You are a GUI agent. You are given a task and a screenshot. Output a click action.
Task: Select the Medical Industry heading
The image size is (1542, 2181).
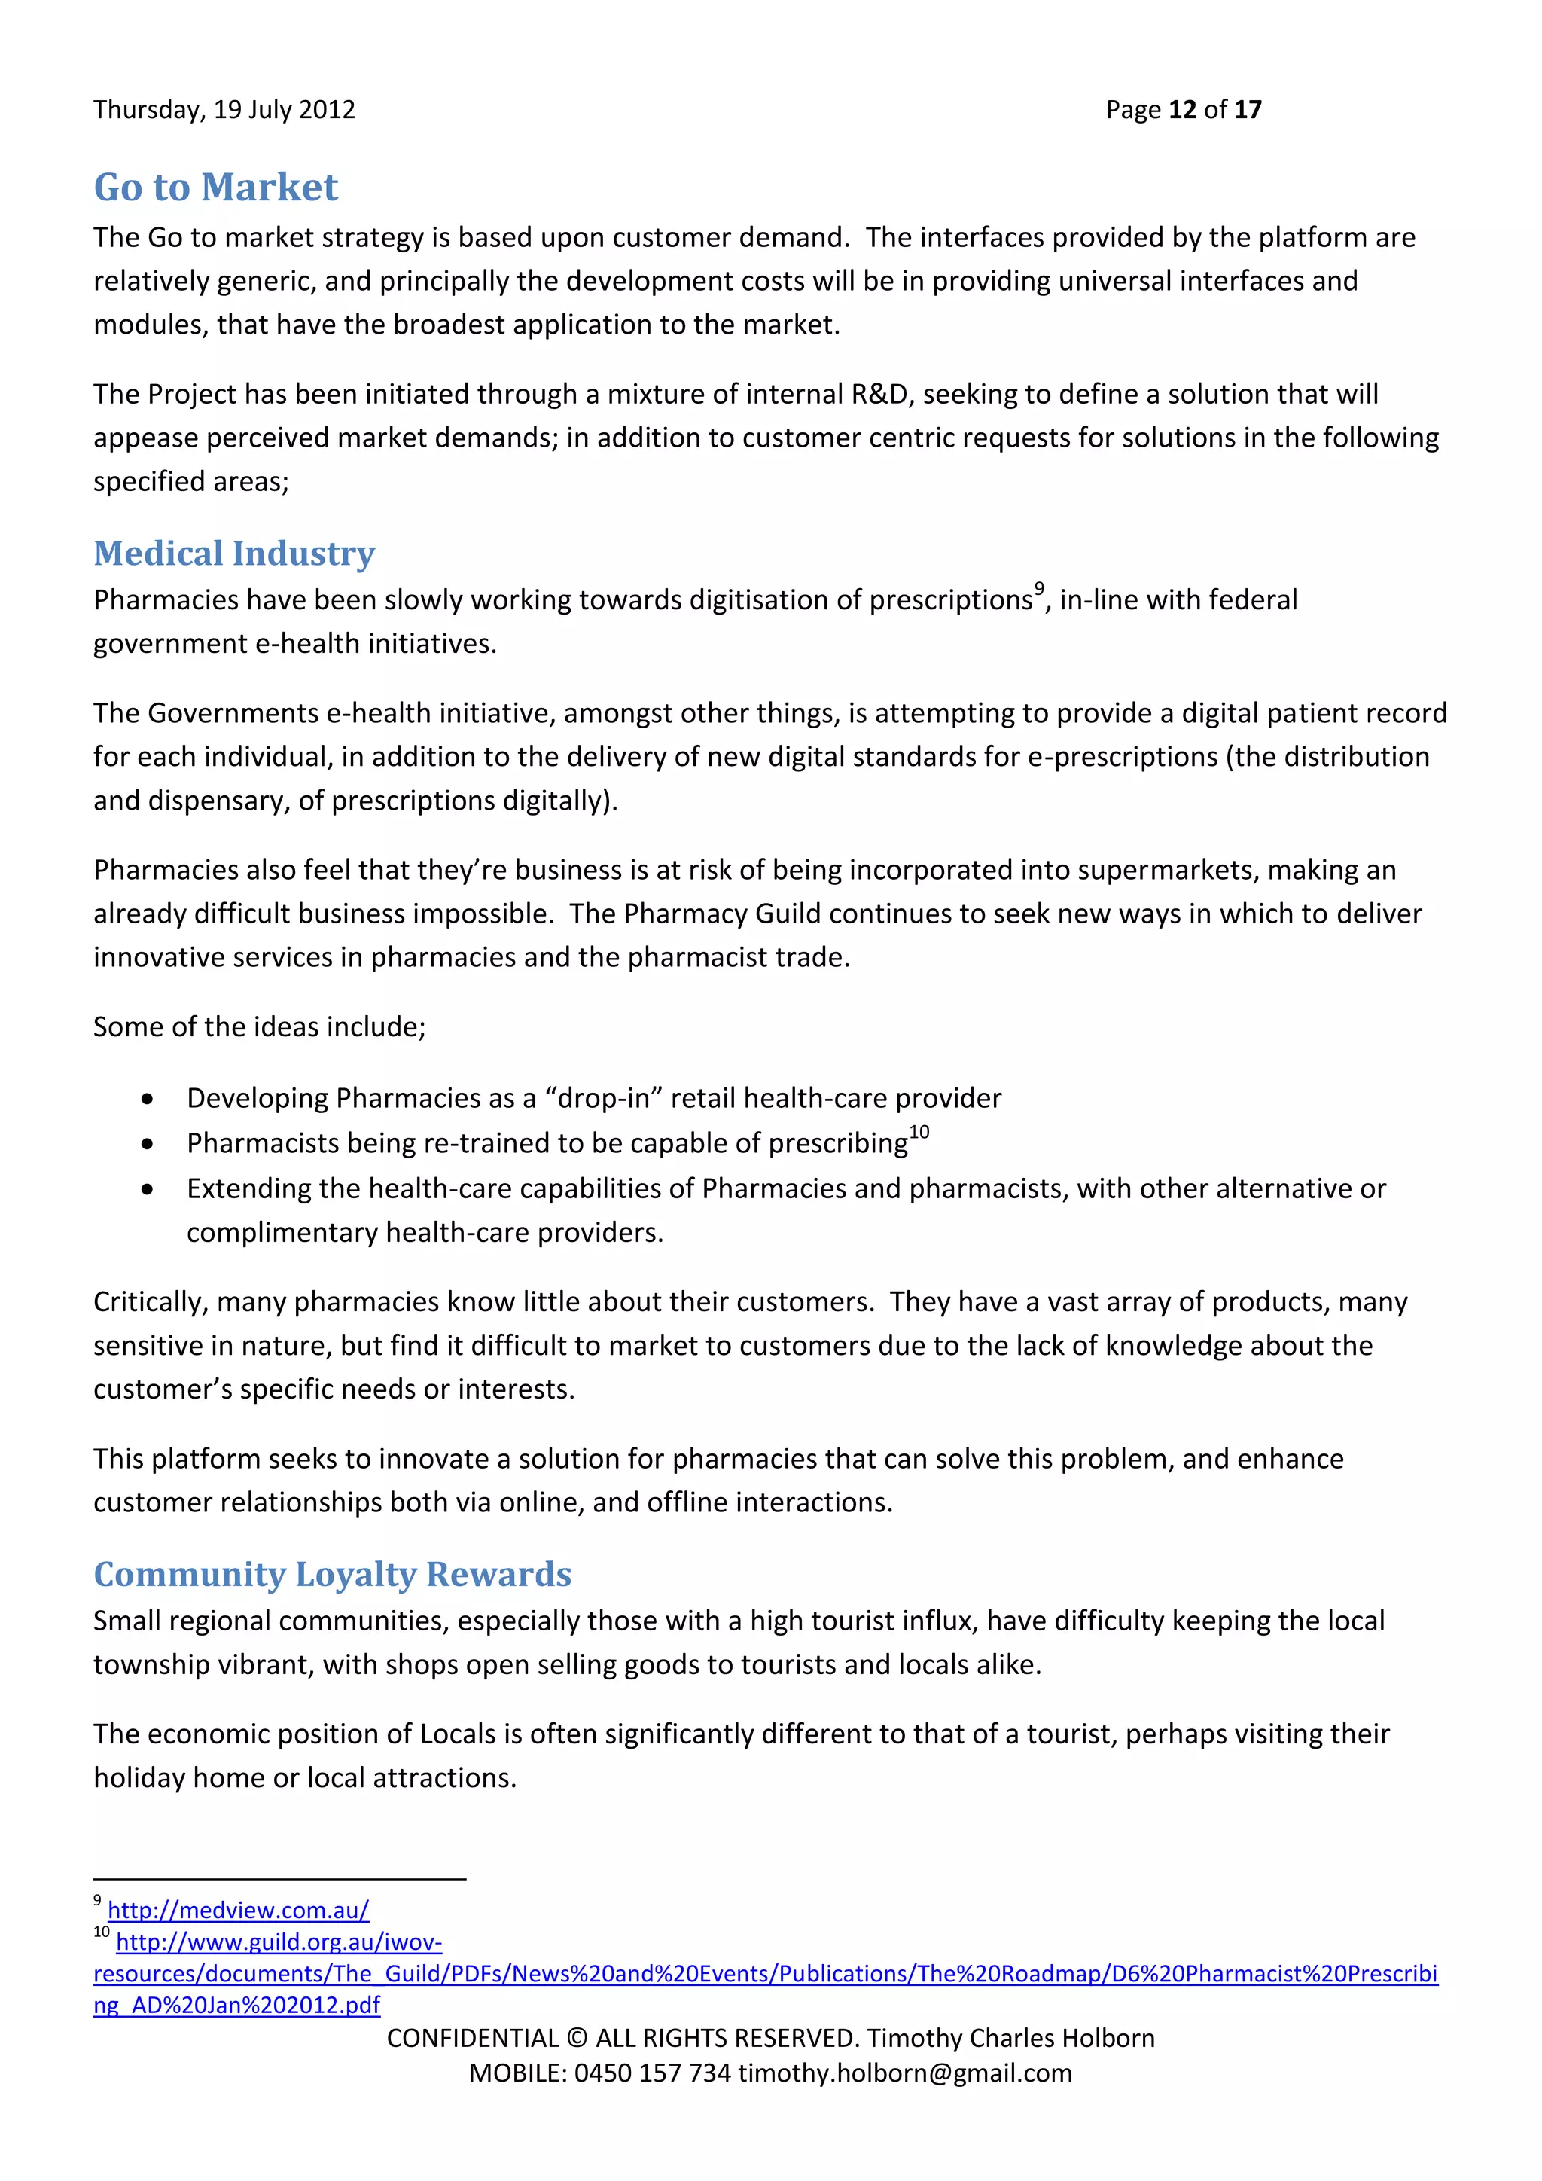[233, 553]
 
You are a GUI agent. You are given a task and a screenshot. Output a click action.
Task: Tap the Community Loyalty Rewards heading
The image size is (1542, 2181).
[332, 1574]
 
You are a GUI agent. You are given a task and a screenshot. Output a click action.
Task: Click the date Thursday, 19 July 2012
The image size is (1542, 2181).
[224, 110]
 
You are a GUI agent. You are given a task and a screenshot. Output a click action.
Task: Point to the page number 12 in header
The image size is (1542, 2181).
[1182, 110]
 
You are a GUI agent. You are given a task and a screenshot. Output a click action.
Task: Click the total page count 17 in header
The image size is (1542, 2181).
[1248, 110]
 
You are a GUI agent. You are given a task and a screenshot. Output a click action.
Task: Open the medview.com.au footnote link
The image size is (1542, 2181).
[239, 1911]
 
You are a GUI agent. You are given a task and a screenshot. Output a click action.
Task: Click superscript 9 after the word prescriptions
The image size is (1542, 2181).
[1039, 588]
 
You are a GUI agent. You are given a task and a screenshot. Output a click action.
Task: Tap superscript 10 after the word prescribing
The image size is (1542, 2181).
[919, 1131]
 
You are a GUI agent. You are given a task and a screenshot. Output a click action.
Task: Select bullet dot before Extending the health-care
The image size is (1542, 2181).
[147, 1190]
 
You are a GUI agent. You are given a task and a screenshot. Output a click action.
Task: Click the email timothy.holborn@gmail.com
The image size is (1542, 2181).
[905, 2073]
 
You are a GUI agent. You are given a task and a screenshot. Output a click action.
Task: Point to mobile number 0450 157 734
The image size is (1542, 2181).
[652, 2073]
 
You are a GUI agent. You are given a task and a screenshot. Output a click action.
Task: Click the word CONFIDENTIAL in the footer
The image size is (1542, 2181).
[473, 2039]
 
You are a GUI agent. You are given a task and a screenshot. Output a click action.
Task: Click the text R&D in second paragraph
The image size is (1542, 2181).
[879, 394]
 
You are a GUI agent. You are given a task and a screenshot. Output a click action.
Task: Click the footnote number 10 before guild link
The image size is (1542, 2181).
[102, 1932]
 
